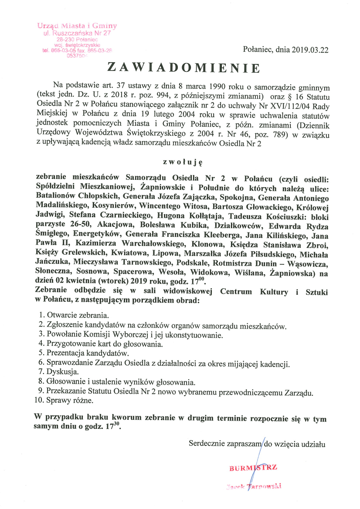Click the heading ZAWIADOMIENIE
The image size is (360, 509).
click(x=183, y=67)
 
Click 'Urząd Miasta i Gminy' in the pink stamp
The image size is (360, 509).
click(x=77, y=26)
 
